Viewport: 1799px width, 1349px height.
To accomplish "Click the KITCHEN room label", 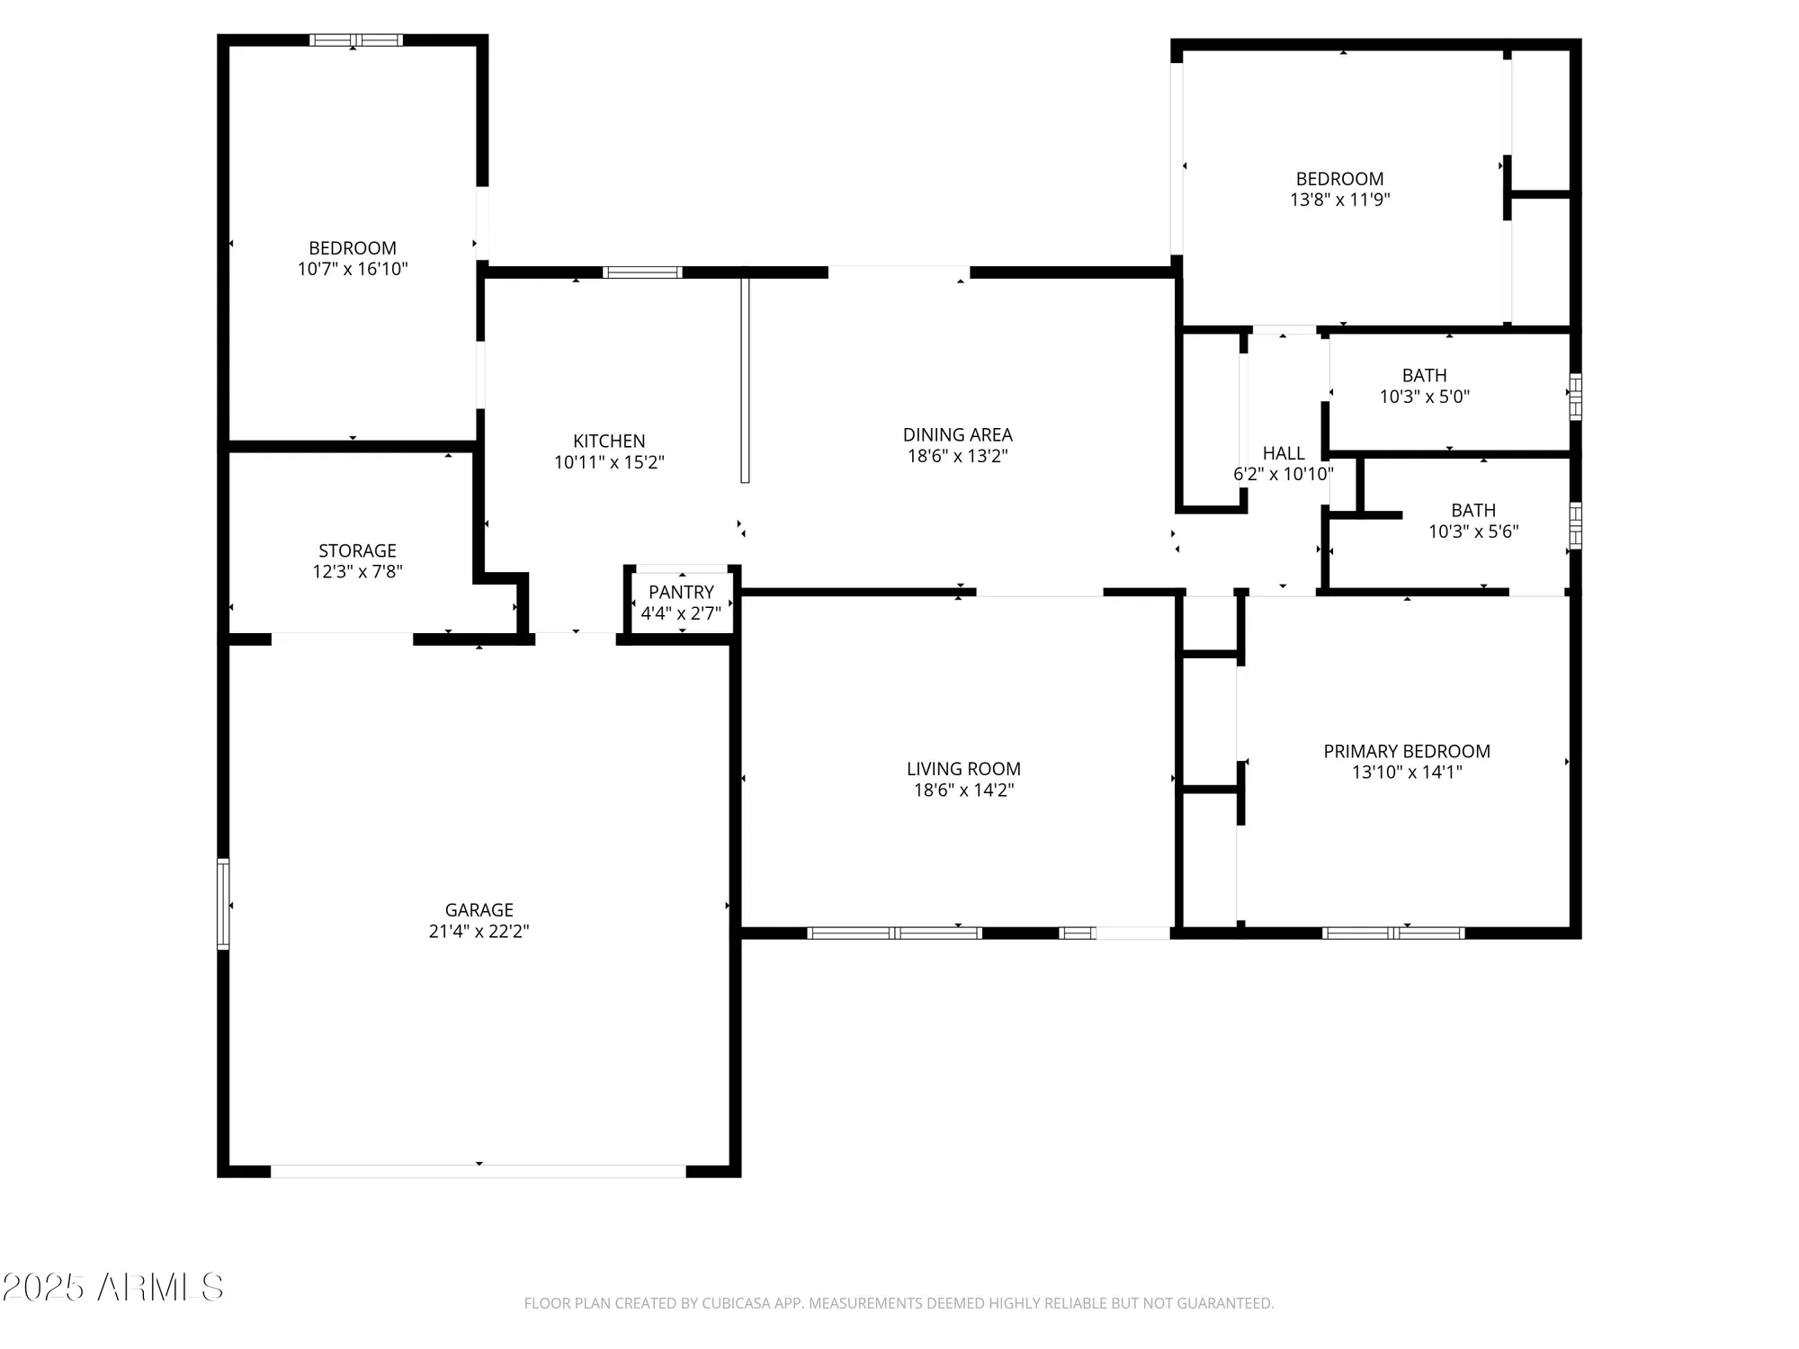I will click(609, 441).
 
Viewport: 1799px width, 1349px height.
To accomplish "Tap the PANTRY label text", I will click(681, 592).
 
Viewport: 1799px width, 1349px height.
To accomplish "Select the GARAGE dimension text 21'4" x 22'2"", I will click(479, 932).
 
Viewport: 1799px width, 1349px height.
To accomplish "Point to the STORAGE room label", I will click(357, 550).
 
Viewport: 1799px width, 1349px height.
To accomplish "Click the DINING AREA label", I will click(957, 434).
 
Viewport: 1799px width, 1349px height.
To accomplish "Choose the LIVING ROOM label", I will click(963, 769).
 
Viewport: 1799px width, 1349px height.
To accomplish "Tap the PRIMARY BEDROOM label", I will click(1406, 751).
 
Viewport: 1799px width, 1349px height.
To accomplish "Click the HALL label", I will click(1283, 453).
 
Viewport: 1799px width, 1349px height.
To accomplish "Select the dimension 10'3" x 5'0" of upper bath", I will click(1424, 397).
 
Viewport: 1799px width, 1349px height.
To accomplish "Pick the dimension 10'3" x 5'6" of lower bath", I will click(1472, 532).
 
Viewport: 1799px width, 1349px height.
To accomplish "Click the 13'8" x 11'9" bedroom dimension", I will click(1339, 200).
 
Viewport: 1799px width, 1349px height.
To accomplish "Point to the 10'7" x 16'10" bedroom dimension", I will click(353, 269).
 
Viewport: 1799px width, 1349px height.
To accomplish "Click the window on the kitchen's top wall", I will click(642, 272).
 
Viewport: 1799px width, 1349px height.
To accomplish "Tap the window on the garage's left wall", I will click(223, 904).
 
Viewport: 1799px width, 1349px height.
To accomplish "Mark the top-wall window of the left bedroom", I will click(355, 40).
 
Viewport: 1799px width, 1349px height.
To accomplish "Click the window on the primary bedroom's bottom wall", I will click(1392, 934).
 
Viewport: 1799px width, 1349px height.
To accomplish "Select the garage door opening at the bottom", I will click(479, 1171).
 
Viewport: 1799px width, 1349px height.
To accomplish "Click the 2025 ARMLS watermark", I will click(112, 1288).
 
